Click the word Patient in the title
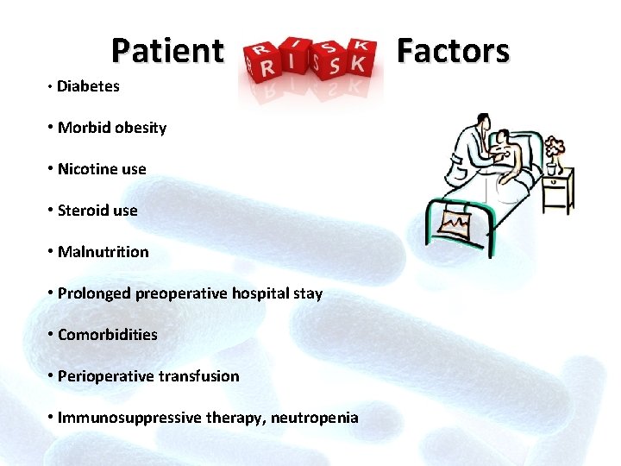coord(167,51)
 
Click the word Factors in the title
coord(453,51)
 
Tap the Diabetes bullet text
coord(88,86)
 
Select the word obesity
coord(141,128)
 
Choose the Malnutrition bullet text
coord(103,252)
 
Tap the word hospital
coord(261,293)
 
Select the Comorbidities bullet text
coord(107,335)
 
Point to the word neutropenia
coord(314,418)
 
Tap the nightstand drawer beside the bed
coord(557,186)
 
